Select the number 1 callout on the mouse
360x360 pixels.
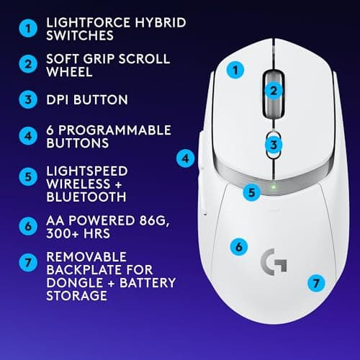(x=233, y=71)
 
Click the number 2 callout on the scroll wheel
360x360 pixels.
(x=273, y=91)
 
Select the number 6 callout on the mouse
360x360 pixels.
(x=237, y=246)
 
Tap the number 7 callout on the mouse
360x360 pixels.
(x=313, y=283)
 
